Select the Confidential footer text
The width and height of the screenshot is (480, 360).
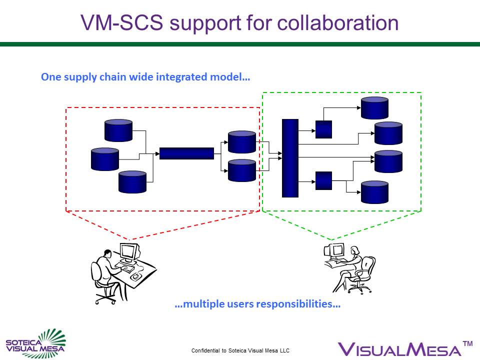coord(240,350)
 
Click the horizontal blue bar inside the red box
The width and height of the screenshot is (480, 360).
coord(186,153)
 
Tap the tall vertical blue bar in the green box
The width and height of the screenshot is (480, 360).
coord(290,158)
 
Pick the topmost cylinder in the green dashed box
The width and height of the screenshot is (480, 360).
coord(374,107)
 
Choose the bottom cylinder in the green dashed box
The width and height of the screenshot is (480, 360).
coord(374,192)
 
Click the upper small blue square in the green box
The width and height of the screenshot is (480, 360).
coord(323,129)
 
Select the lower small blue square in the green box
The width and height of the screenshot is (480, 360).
coord(323,180)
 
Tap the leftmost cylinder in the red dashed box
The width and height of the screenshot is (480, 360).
coord(105,159)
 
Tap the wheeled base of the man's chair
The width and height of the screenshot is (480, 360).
coord(105,298)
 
